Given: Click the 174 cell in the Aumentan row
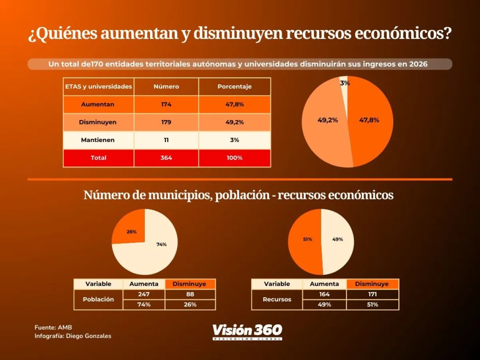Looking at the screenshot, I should point(166,104).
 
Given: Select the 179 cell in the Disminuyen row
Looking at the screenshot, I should point(166,122).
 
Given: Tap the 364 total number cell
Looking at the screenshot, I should point(166,158).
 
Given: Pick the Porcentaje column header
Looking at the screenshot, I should point(234,86).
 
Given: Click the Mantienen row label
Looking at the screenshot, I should point(98,140).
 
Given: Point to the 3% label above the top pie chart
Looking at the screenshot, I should point(345,83).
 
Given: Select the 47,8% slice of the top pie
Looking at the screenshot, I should point(370,120).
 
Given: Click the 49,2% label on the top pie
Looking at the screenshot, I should point(328,120).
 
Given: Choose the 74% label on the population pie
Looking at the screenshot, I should point(162,244).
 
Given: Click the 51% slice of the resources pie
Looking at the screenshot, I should point(306,239).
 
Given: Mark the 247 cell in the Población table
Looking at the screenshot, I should point(144,294).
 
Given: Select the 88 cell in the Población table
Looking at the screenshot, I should point(190,294).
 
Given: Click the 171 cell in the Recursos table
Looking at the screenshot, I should point(372,294).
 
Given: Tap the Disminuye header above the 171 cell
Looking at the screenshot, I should point(372,284).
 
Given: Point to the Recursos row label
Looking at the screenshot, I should point(277,299).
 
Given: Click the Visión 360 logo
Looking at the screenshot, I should point(247,332).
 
